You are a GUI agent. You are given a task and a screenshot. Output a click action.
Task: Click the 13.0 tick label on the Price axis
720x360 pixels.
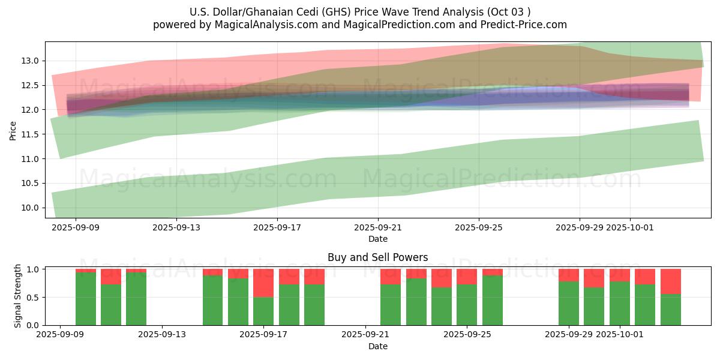(x=31, y=61)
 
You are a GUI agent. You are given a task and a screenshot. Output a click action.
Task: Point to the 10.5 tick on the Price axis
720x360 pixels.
(x=31, y=183)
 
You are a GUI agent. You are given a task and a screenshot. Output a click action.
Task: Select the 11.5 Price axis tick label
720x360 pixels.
(x=31, y=134)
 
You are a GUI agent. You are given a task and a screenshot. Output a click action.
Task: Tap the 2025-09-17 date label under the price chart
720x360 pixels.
(x=277, y=227)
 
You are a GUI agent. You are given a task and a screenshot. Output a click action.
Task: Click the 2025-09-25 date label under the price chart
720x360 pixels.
(x=478, y=227)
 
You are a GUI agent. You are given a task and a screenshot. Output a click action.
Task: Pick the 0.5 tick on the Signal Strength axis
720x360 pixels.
(x=34, y=297)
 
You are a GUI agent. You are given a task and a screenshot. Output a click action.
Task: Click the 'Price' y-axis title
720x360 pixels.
(x=13, y=130)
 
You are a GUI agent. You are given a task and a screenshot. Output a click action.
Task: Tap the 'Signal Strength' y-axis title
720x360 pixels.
(x=18, y=296)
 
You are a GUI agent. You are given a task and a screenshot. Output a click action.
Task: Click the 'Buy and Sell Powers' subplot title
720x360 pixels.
(x=377, y=257)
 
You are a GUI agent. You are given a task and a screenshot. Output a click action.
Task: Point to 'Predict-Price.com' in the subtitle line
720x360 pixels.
(x=528, y=25)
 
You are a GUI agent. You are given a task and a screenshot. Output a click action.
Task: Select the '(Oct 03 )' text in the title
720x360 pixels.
(x=509, y=12)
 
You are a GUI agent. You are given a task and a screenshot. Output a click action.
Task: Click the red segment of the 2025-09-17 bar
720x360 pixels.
(x=263, y=283)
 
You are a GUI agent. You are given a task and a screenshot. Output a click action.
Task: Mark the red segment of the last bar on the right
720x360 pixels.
(x=670, y=281)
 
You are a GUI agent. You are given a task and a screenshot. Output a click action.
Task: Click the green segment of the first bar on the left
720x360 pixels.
(x=86, y=299)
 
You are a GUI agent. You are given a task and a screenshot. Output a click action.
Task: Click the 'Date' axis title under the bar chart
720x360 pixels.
(x=377, y=346)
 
